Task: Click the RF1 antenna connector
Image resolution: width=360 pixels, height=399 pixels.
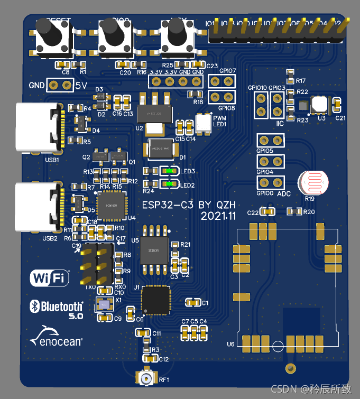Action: [x=146, y=378]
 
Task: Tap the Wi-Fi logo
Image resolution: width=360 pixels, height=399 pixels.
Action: [x=50, y=277]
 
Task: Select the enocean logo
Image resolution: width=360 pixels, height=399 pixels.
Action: [x=57, y=337]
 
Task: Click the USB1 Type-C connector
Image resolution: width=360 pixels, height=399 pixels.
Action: [x=40, y=126]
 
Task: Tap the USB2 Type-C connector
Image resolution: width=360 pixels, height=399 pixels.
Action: [x=40, y=207]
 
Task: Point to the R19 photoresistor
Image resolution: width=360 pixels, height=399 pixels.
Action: [x=312, y=183]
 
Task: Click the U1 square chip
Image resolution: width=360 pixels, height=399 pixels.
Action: [x=156, y=299]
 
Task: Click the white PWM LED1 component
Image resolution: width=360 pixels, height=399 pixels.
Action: [x=203, y=123]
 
